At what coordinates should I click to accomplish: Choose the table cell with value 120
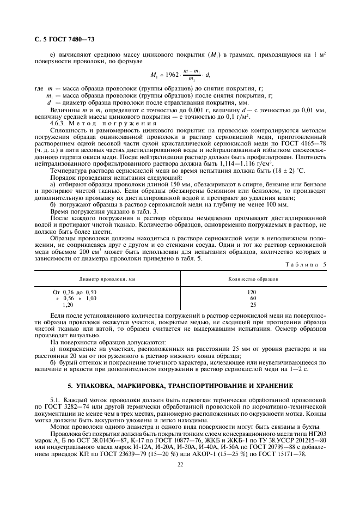coord(252,292)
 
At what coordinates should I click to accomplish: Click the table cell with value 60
coord(252,299)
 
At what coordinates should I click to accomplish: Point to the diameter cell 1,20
coord(68,305)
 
